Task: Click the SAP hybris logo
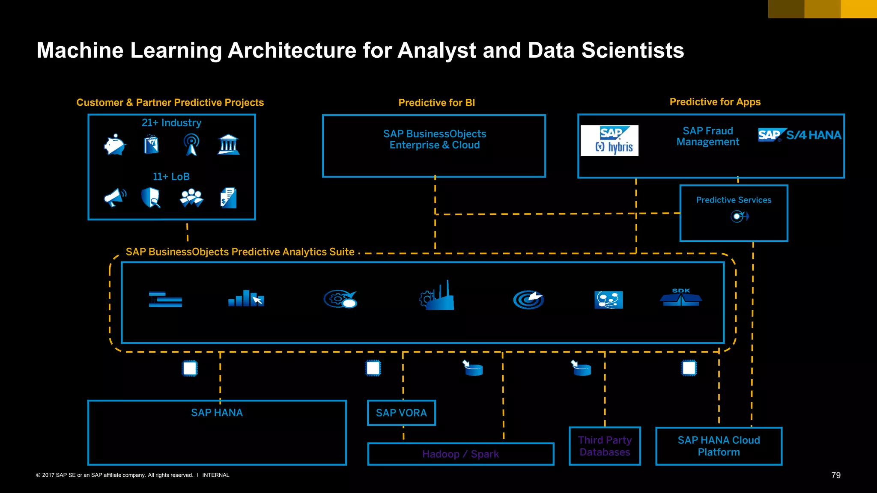(x=609, y=140)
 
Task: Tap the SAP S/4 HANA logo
(x=799, y=135)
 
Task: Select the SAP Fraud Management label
(x=708, y=137)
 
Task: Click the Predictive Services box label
(x=734, y=200)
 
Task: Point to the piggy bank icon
(x=115, y=145)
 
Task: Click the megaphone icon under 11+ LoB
(x=115, y=197)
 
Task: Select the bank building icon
(x=228, y=145)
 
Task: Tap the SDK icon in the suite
(x=681, y=297)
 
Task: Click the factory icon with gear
(x=436, y=296)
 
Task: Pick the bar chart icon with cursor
(x=246, y=298)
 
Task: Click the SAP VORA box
(x=401, y=413)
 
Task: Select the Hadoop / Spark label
(x=460, y=454)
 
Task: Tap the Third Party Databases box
(x=605, y=446)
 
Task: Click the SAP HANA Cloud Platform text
(x=719, y=446)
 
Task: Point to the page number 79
(x=836, y=475)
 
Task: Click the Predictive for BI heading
(x=436, y=103)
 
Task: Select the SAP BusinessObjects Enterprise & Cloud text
(x=434, y=140)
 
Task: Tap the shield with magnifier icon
(x=151, y=198)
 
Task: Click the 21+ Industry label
(x=171, y=123)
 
